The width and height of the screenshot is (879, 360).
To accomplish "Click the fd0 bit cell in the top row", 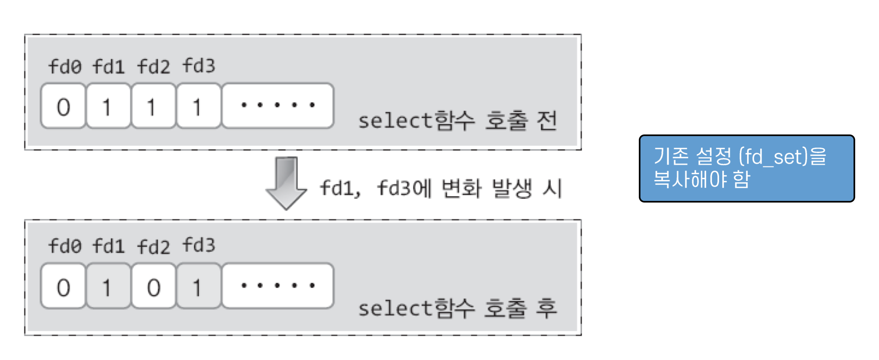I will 63,106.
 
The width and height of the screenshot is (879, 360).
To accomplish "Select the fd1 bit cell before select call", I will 108,106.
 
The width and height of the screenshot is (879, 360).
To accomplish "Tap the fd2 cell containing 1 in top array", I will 153,106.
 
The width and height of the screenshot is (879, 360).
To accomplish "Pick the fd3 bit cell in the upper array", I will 198,106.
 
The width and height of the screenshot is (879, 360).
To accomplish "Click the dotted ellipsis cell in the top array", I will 278,105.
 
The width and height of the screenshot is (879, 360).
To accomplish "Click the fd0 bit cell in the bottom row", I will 63,287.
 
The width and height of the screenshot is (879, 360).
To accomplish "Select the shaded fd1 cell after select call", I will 108,287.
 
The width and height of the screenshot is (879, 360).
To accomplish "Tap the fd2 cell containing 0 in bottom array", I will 153,287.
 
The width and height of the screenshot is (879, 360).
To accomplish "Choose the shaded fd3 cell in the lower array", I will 198,287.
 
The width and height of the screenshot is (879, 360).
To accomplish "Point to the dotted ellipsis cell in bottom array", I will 278,286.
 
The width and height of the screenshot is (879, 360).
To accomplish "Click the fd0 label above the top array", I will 65,67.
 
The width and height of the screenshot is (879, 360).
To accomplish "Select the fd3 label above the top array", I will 199,66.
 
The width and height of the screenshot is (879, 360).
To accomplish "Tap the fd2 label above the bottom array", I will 153,247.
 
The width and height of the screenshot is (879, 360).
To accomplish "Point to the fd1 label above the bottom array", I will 108,246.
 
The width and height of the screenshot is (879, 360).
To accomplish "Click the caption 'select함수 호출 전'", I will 457,121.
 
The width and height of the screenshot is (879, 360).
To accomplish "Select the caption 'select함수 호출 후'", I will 457,309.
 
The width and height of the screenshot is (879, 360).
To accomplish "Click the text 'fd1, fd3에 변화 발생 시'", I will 441,188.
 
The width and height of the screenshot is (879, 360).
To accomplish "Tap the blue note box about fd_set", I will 746,168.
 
